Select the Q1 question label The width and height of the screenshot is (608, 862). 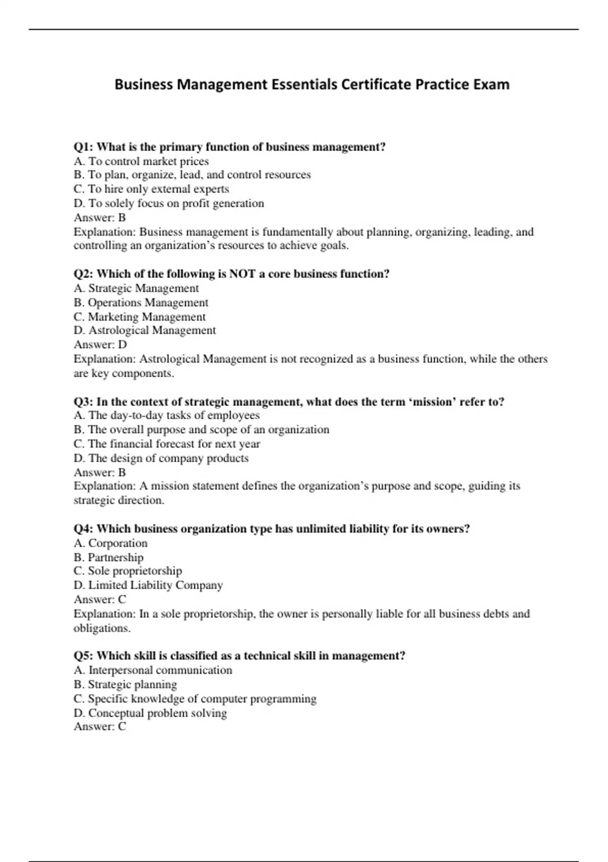[84, 147]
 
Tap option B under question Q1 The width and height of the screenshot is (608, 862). [192, 175]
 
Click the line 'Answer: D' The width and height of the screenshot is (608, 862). [100, 345]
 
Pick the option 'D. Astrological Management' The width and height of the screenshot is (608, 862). [145, 331]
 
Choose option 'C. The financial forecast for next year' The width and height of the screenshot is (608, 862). [167, 444]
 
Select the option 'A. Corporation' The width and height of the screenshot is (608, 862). [110, 544]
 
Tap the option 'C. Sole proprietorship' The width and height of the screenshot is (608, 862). [128, 571]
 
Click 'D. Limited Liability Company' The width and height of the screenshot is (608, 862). [148, 585]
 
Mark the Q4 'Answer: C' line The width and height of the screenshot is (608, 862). [100, 599]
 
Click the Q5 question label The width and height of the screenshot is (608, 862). [84, 656]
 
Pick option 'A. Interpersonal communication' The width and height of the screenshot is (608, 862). [153, 670]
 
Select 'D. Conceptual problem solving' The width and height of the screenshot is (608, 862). [150, 713]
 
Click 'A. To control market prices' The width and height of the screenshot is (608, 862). [141, 161]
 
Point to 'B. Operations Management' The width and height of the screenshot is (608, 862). [141, 303]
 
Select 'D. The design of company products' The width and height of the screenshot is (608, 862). [161, 458]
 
